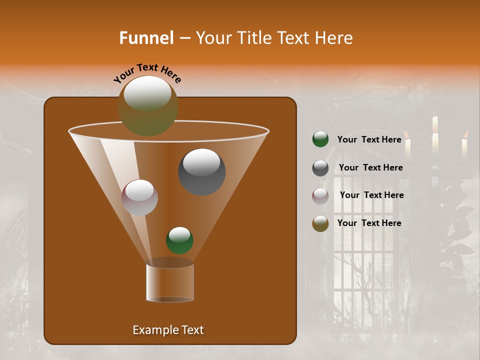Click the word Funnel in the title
(146, 38)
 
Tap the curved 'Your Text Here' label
(147, 73)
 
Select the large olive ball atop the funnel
(147, 105)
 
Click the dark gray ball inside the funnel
(202, 171)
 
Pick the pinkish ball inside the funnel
(139, 197)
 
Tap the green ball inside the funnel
(179, 240)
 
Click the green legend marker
(320, 139)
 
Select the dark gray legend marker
(320, 168)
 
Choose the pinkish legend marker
(320, 196)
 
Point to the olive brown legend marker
(320, 223)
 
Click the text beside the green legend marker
(369, 139)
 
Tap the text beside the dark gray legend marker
(370, 167)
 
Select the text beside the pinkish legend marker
(371, 195)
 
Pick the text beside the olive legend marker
(369, 223)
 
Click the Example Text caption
(168, 330)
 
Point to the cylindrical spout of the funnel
(170, 282)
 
